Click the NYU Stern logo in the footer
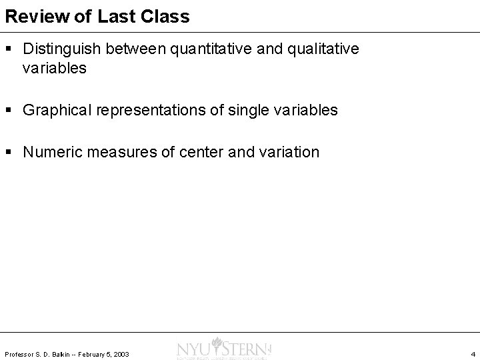223,350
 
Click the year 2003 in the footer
121,353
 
